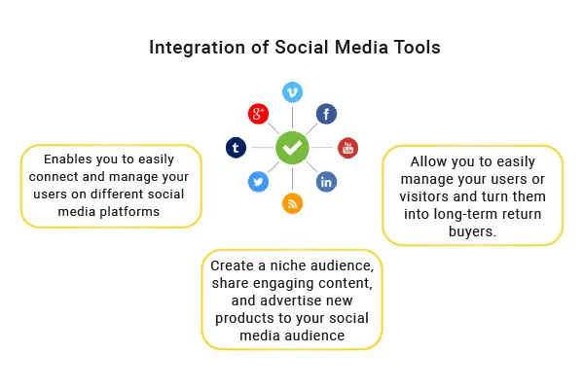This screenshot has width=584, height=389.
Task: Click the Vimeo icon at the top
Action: click(292, 91)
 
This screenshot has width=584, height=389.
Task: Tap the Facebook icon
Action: click(326, 114)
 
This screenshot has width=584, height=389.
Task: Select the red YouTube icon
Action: click(347, 148)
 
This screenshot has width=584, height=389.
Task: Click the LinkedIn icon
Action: click(326, 181)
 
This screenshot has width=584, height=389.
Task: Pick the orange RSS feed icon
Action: click(292, 203)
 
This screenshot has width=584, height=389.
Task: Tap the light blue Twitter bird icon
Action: click(258, 181)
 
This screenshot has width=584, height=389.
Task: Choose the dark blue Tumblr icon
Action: click(236, 148)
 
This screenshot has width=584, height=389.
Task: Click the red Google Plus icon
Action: click(258, 114)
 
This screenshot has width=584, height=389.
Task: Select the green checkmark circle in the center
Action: click(292, 148)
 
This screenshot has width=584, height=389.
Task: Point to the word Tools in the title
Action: click(412, 47)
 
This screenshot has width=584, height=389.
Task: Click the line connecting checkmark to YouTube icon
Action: click(322, 148)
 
